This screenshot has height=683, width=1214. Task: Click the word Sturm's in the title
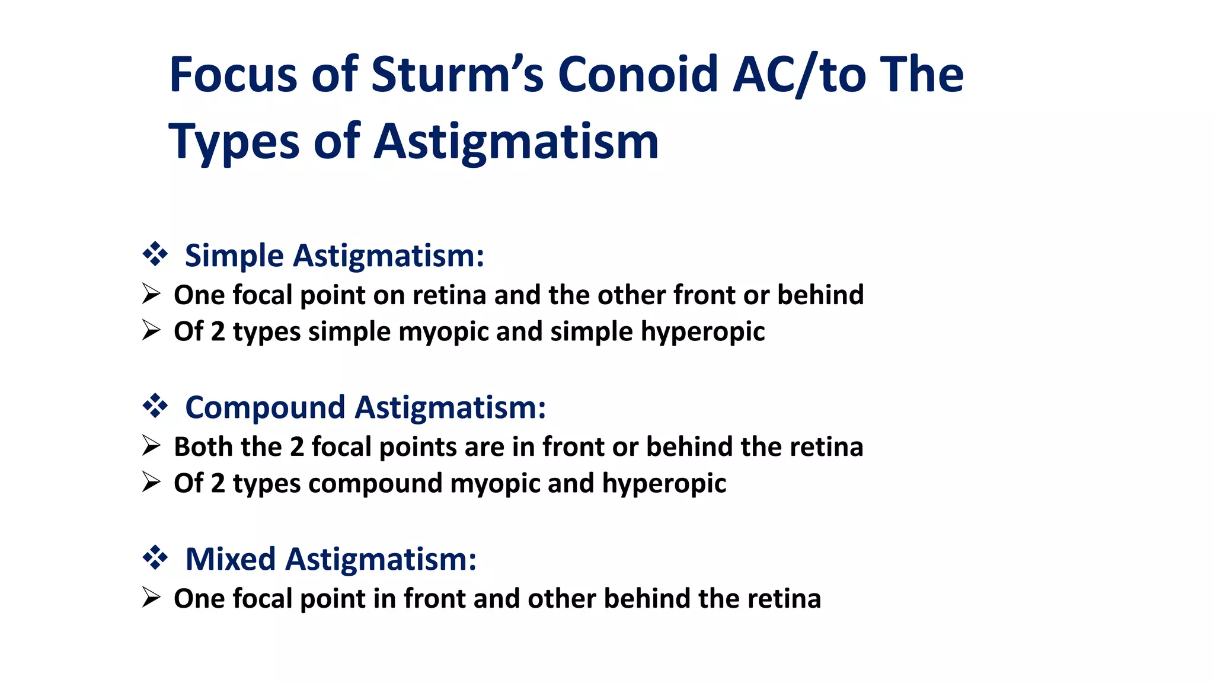pos(457,75)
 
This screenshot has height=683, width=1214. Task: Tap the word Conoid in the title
pos(638,75)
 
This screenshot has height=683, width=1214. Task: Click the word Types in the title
pos(234,142)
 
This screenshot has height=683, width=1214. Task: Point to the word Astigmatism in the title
pos(516,142)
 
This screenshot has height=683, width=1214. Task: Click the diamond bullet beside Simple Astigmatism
pos(155,254)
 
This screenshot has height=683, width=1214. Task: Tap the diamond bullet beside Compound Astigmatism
pos(155,406)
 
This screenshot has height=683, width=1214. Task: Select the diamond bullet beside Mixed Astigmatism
pos(155,558)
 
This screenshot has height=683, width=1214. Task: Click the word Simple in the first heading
pos(235,256)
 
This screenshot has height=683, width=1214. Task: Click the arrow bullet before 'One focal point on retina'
pos(152,294)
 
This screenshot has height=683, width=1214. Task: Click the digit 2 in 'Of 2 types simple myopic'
pos(218,331)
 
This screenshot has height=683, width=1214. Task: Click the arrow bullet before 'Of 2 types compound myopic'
pos(152,482)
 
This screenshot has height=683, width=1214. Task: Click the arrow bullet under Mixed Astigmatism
pos(152,598)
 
